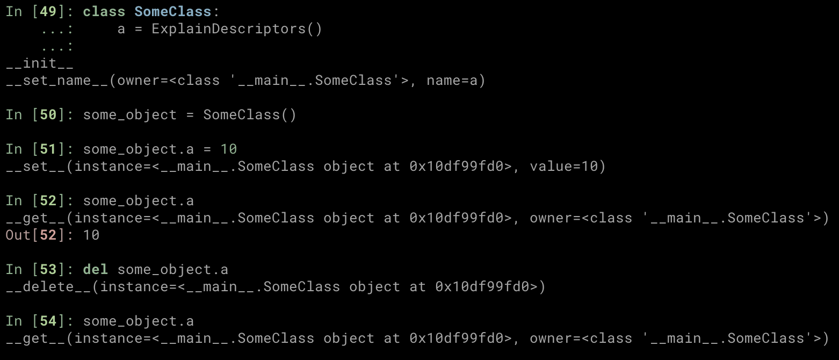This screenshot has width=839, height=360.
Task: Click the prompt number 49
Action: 48,12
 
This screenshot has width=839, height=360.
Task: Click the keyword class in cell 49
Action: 104,12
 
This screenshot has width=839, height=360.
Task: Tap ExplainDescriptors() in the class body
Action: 237,29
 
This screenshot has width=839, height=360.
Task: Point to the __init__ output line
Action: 40,63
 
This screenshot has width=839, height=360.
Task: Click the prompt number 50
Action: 48,115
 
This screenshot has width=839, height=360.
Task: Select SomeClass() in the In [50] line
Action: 250,115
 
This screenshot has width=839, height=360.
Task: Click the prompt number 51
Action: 48,149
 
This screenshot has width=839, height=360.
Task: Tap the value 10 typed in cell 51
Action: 228,149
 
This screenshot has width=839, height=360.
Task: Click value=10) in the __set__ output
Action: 568,167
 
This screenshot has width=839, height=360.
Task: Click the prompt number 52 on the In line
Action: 48,201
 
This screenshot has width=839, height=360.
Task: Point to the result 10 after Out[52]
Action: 91,235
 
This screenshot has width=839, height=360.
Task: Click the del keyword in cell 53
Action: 95,270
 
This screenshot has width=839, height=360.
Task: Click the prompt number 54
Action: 48,321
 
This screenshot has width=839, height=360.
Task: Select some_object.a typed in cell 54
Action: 138,321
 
